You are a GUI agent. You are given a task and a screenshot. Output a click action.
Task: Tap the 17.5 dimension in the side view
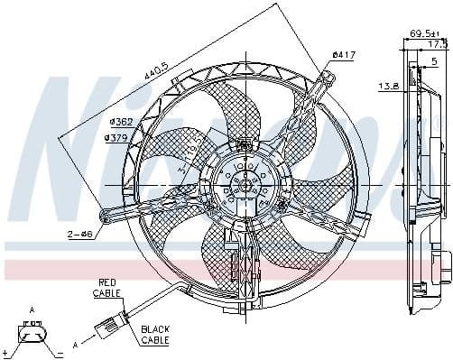click(x=438, y=43)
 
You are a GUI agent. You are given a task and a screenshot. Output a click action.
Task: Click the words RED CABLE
click(x=107, y=288)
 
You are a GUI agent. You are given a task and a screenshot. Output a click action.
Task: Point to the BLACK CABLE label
click(x=155, y=335)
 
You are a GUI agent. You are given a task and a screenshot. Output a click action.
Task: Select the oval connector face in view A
click(x=32, y=338)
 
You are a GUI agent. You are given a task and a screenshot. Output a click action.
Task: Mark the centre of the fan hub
click(x=241, y=184)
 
